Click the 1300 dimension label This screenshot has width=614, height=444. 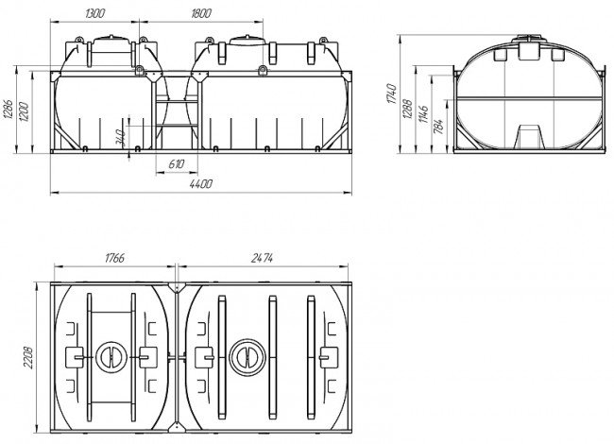[94, 13]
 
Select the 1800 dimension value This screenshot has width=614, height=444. [201, 13]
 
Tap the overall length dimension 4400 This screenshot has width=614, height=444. [201, 183]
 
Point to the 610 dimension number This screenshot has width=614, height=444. [177, 163]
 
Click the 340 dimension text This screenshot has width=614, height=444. [121, 137]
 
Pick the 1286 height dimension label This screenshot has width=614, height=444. [9, 110]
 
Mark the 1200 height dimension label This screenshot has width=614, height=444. [24, 111]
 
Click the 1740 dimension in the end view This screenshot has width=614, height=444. [392, 94]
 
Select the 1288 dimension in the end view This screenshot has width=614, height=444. [407, 110]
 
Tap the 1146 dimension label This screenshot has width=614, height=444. [423, 113]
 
